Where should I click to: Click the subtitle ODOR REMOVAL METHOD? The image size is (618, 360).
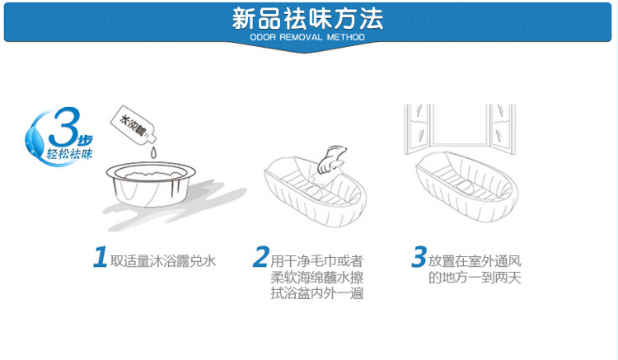(x=308, y=37)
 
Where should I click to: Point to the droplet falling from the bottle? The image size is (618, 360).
(x=151, y=153)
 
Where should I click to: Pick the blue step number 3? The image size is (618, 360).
(x=419, y=258)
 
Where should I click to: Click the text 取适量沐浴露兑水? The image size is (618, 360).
(x=164, y=261)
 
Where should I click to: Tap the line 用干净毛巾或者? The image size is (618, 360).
(x=318, y=261)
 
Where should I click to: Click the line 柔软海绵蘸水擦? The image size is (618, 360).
(x=318, y=278)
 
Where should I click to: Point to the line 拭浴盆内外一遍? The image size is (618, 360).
(x=318, y=294)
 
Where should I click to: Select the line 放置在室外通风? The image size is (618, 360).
(x=476, y=261)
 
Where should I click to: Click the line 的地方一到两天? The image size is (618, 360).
(x=476, y=278)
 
